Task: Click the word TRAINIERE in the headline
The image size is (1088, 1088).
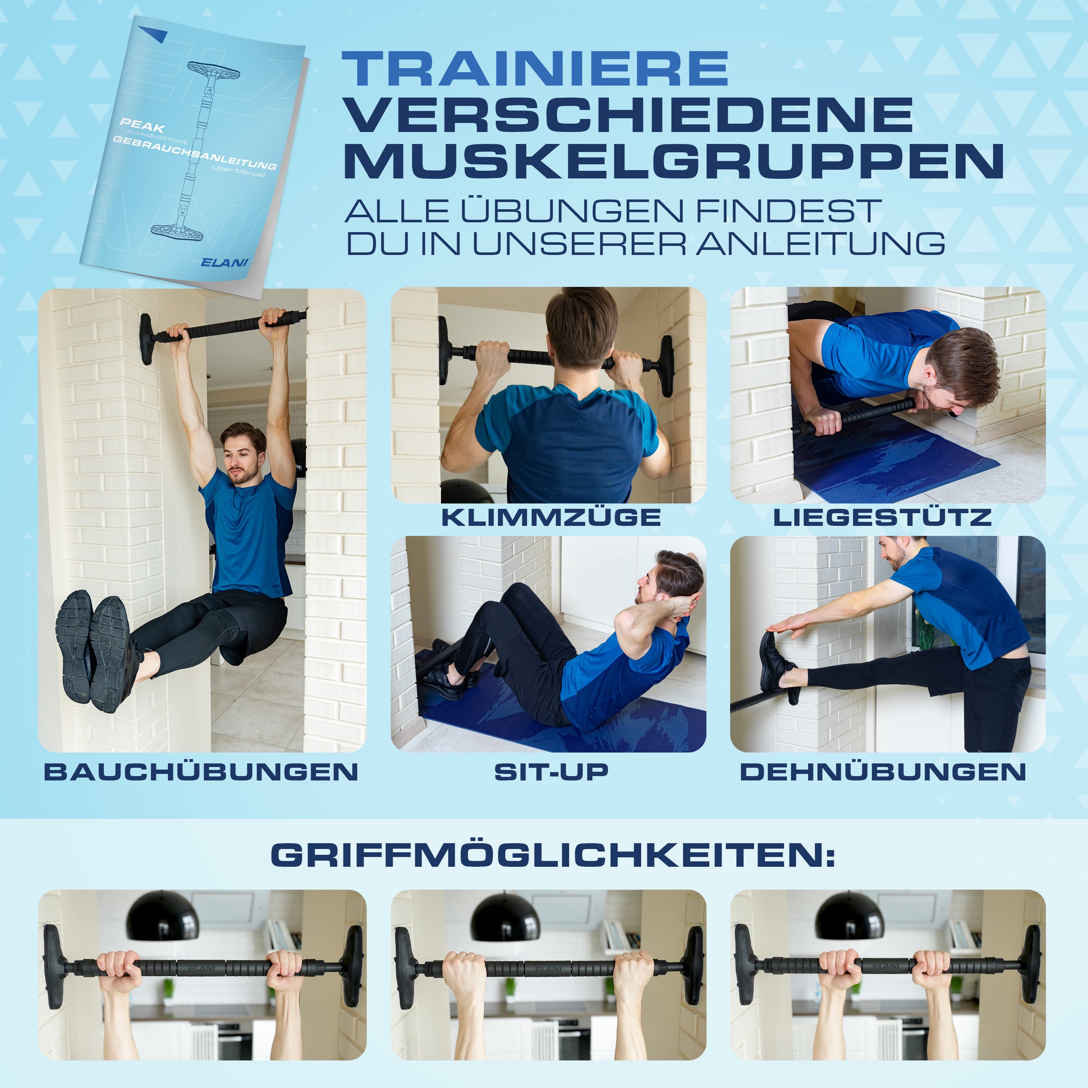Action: (x=535, y=69)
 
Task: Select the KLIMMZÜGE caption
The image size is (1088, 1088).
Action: (x=551, y=517)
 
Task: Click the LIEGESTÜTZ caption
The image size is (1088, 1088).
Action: (x=882, y=517)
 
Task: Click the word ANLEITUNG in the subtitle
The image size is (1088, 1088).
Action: (x=820, y=243)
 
